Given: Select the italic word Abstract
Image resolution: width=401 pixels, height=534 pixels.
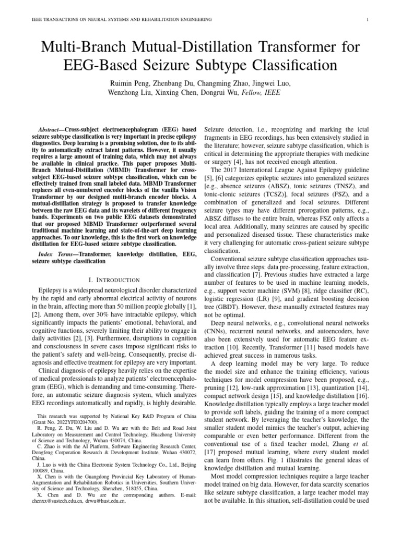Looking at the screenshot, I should pos(53,129).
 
